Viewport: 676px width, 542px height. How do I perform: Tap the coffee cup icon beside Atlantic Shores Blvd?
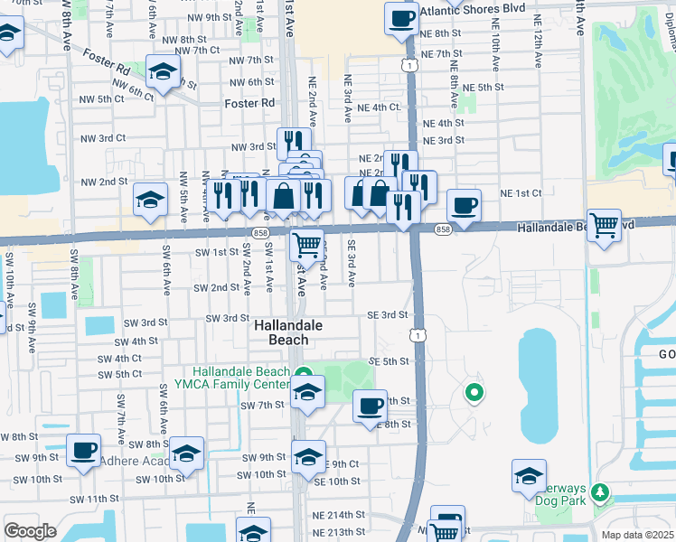[400, 18]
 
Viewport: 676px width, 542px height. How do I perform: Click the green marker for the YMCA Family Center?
[305, 376]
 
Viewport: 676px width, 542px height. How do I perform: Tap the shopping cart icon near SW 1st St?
[307, 244]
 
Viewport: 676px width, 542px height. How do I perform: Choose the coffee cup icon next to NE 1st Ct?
[464, 206]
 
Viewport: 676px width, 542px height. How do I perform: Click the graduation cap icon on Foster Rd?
[163, 71]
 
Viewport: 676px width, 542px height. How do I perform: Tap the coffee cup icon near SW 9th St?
[84, 449]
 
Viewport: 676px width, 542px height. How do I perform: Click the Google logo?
[30, 531]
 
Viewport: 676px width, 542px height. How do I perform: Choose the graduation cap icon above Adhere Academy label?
[187, 453]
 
